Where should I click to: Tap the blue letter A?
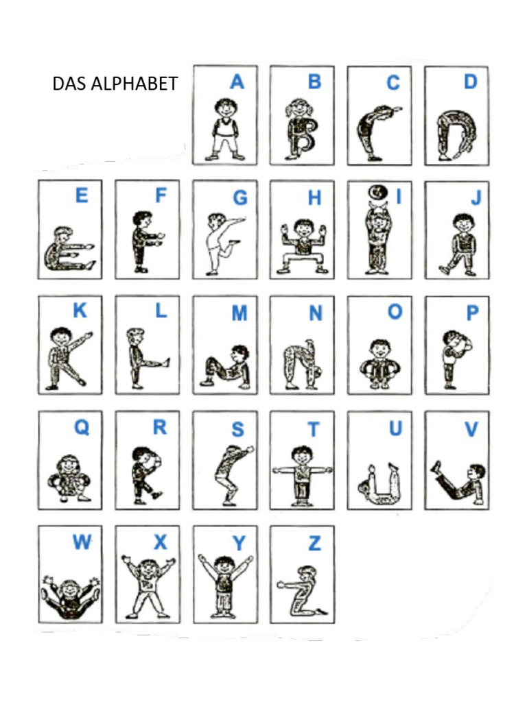click(x=237, y=83)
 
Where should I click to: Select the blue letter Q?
click(x=82, y=428)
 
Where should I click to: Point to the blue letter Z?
click(x=314, y=544)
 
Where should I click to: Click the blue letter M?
click(x=239, y=314)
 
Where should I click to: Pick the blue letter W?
click(x=82, y=544)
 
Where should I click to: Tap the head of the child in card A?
click(x=224, y=107)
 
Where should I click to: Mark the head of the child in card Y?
click(x=224, y=566)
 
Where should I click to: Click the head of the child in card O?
click(x=379, y=348)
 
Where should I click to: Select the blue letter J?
click(x=476, y=199)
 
